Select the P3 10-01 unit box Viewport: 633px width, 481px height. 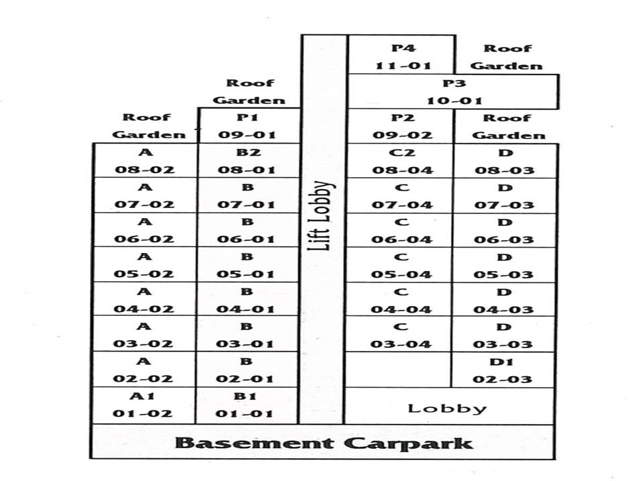(454, 92)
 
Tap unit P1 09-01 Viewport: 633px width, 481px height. (247, 125)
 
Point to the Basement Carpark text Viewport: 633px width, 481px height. (324, 443)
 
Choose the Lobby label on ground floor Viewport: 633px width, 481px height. (447, 407)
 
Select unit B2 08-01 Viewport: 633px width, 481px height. (247, 161)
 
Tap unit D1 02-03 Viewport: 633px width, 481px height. (503, 370)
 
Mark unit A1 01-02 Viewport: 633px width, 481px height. (144, 405)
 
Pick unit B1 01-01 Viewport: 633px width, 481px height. (247, 405)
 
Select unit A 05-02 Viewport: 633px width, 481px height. (144, 265)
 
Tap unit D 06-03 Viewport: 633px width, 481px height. (503, 231)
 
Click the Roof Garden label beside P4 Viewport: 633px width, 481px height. (507, 57)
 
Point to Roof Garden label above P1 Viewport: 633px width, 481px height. (250, 92)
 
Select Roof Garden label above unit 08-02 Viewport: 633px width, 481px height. (148, 126)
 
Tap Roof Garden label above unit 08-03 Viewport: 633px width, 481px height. (507, 126)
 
